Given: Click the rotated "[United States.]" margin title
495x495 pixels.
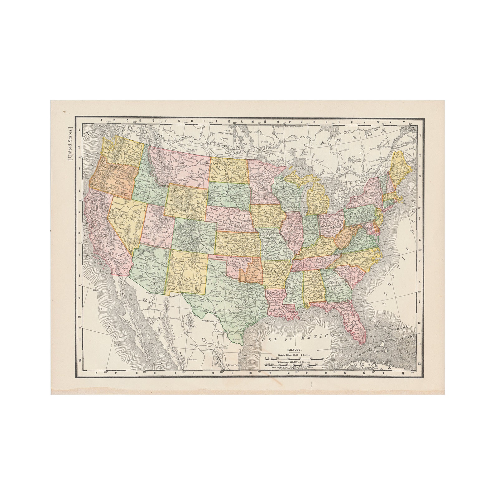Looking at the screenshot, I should click(70, 143).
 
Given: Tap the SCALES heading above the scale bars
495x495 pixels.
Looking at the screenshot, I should click(294, 350).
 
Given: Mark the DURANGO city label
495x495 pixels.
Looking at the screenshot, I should click(192, 359).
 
